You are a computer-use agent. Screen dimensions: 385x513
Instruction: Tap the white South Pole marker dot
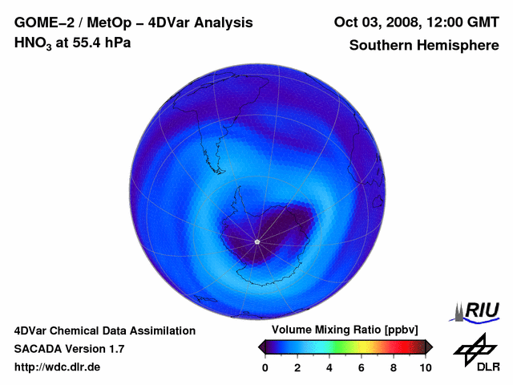[x=256, y=241]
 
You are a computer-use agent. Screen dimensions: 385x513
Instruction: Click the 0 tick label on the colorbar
[x=265, y=367]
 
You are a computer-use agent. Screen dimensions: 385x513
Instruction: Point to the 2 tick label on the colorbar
[x=297, y=367]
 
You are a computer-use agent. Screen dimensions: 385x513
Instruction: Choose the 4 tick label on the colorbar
[x=329, y=367]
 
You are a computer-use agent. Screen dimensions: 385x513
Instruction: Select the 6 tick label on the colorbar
[x=362, y=367]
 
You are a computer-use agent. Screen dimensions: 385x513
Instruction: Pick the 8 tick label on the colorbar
[x=394, y=367]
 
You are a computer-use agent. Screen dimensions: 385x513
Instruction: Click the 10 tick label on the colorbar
[x=426, y=367]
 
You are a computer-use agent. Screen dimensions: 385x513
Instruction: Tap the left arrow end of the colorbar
[x=261, y=346]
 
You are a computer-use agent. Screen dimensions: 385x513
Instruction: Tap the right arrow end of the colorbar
[x=430, y=346]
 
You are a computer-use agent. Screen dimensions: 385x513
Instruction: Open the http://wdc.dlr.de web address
[x=58, y=367]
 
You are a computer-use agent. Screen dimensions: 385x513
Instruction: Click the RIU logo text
[x=483, y=310]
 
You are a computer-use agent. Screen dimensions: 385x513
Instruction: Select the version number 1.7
[x=115, y=349]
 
